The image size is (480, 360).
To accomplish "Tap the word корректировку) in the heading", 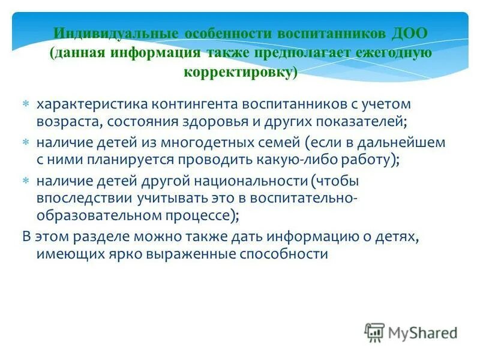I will point(240,71).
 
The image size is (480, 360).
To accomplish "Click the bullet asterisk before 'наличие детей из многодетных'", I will point(26,143).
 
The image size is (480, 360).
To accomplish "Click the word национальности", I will point(251,181).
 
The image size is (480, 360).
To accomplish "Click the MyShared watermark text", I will point(422,331).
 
